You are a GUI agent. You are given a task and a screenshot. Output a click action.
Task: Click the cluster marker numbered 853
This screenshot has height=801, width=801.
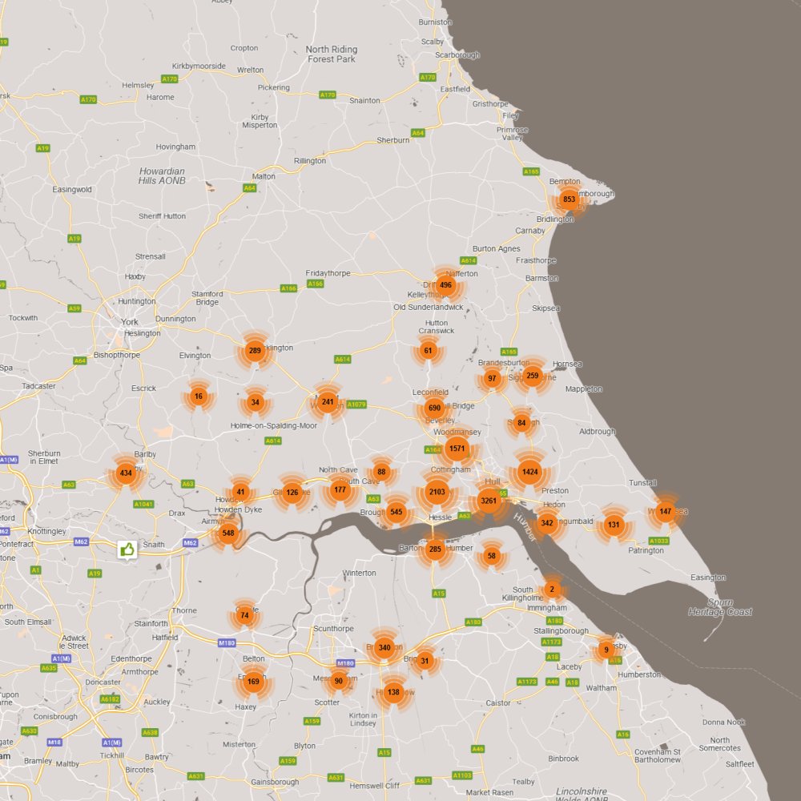click(569, 199)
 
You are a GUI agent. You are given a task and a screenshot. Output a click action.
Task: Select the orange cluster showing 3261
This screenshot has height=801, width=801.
click(489, 502)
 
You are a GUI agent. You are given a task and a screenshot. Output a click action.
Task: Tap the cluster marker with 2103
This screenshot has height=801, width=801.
click(437, 492)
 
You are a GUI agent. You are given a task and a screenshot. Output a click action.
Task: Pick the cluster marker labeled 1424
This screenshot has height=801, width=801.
click(529, 472)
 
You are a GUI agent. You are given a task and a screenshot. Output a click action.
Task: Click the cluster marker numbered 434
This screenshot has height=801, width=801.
click(125, 473)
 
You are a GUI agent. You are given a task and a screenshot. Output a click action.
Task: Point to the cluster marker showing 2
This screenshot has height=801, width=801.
click(551, 590)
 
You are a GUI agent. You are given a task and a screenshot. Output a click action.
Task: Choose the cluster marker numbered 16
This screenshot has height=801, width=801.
click(199, 396)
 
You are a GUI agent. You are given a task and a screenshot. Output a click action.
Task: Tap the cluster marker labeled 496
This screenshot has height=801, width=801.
click(446, 285)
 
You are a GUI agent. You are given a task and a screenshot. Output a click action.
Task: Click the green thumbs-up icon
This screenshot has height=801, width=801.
click(127, 549)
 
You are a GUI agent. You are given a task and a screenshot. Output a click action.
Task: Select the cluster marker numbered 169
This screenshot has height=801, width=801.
click(253, 682)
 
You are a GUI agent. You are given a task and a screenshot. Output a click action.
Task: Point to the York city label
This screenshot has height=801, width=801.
click(130, 322)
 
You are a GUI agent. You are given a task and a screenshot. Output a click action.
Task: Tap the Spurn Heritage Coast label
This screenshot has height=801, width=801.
click(720, 607)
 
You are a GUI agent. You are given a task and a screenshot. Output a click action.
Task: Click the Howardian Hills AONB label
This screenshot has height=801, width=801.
click(162, 176)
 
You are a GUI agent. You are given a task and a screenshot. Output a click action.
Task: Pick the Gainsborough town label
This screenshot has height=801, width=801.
click(275, 782)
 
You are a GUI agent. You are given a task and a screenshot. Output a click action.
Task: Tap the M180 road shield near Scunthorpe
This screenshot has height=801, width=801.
click(345, 663)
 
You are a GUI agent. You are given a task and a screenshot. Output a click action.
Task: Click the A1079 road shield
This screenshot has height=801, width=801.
click(356, 405)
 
